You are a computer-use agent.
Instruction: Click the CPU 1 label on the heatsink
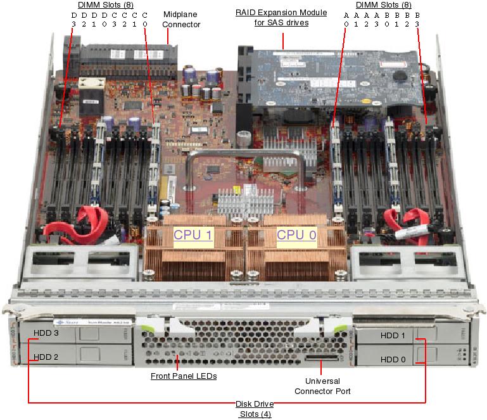point(193,234)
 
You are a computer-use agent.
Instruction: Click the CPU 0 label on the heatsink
point(296,234)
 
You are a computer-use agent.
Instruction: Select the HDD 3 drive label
point(46,333)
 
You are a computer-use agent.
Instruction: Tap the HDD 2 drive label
point(46,357)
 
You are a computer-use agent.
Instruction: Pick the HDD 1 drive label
point(393,335)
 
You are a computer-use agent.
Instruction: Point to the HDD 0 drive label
point(393,359)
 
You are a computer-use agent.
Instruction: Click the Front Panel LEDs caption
point(184,376)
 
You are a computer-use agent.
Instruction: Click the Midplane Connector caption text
point(181,19)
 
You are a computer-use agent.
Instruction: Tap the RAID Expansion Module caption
point(282,18)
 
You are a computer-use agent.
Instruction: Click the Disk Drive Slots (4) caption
point(253,409)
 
